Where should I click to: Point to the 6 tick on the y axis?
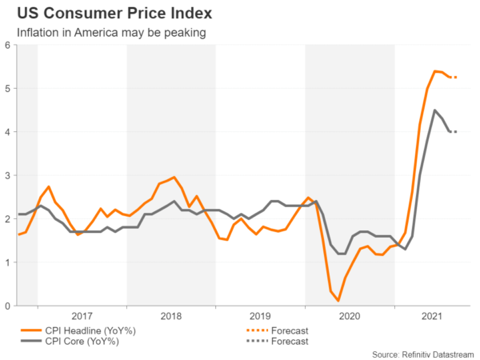pyautogui.click(x=7, y=46)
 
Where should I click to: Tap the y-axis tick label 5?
pyautogui.click(x=7, y=89)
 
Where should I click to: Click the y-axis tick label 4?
pyautogui.click(x=7, y=132)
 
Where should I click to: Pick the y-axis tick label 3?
pyautogui.click(x=7, y=175)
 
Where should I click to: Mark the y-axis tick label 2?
pyautogui.click(x=7, y=219)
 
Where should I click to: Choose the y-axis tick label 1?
pyautogui.click(x=7, y=262)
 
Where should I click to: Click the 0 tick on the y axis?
pyautogui.click(x=7, y=306)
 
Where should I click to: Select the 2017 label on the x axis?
pyautogui.click(x=82, y=316)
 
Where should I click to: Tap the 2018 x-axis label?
pyautogui.click(x=170, y=316)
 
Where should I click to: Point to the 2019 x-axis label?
pyautogui.click(x=260, y=316)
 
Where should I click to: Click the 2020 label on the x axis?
pyautogui.click(x=350, y=316)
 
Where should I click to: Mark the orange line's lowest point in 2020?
pyautogui.click(x=338, y=301)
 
